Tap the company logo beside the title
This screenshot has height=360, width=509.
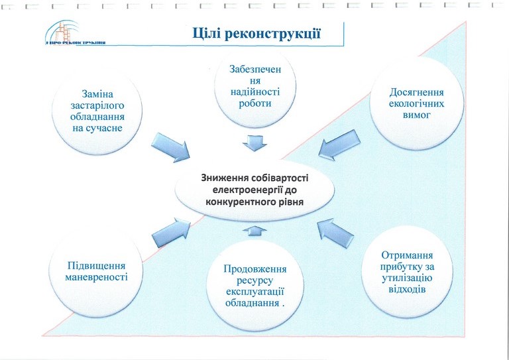click(x=76, y=32)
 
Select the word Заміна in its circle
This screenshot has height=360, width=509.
click(x=97, y=94)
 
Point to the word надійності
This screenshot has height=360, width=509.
click(x=255, y=92)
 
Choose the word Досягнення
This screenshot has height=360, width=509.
click(x=416, y=93)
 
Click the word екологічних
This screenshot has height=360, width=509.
click(x=416, y=104)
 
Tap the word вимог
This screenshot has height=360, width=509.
click(x=416, y=115)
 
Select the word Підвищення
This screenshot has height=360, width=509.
click(x=96, y=266)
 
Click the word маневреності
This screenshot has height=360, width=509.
click(x=96, y=278)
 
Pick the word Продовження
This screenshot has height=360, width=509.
click(x=255, y=269)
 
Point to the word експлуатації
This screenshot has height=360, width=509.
click(x=255, y=292)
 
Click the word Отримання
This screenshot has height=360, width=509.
click(x=407, y=255)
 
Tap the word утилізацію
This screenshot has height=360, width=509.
click(x=407, y=278)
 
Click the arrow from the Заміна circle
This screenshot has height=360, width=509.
click(x=171, y=147)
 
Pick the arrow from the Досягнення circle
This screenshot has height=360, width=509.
click(x=339, y=145)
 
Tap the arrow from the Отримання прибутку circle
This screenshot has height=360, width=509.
click(x=335, y=233)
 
